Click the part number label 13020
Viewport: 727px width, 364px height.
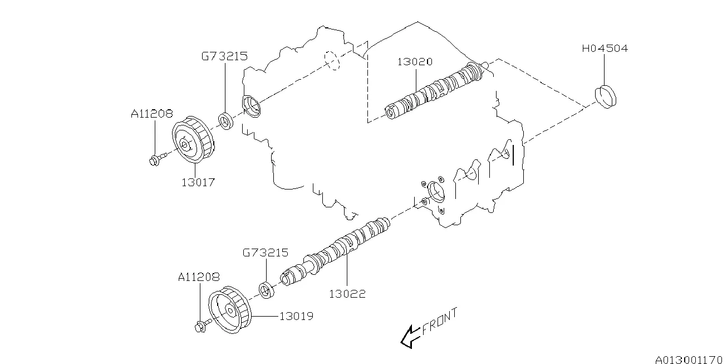[x=415, y=62]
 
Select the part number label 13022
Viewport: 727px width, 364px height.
[x=348, y=294]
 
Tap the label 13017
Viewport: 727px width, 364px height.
[x=197, y=182]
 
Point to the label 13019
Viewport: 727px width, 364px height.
[x=296, y=316]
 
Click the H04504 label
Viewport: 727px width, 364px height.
[x=605, y=48]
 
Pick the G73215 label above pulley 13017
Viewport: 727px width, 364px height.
[x=224, y=56]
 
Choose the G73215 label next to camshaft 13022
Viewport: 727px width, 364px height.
[x=265, y=253]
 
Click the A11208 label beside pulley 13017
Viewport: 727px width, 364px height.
[x=152, y=114]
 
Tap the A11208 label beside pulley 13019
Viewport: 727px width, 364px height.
[x=199, y=276]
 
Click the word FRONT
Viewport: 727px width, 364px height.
[x=440, y=322]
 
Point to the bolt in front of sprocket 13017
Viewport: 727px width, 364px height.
[x=156, y=159]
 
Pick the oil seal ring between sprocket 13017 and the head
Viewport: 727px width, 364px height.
[x=225, y=121]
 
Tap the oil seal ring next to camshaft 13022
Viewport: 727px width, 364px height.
[x=267, y=292]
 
